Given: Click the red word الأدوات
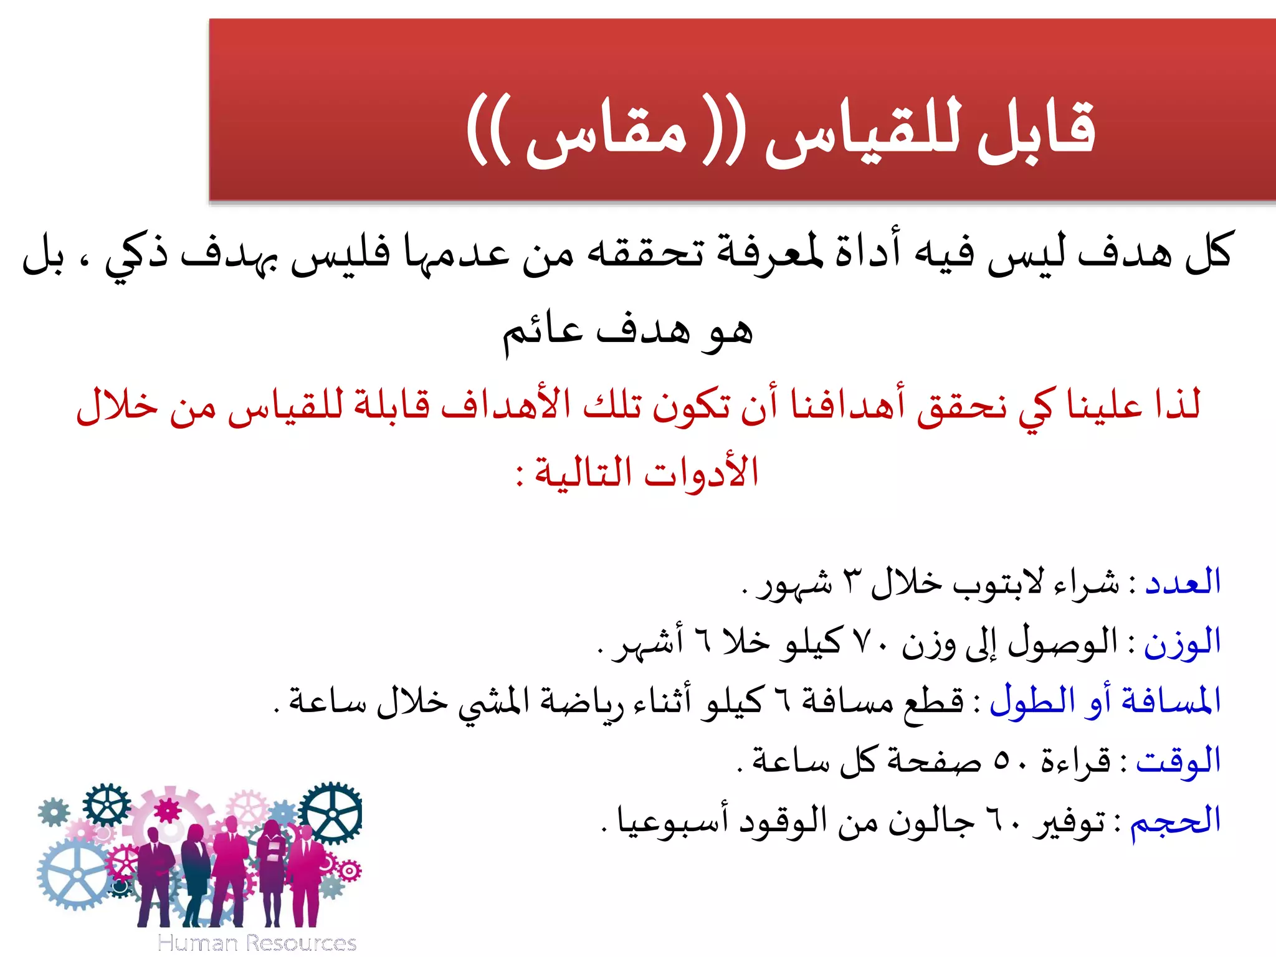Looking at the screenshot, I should (701, 472).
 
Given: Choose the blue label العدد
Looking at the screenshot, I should (1183, 582).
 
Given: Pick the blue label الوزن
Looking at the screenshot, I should (1182, 642).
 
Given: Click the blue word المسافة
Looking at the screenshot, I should (1171, 702).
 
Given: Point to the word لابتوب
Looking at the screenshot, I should (997, 583).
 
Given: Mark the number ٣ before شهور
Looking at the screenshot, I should (850, 582).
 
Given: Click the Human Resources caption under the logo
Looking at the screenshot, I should (257, 943).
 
